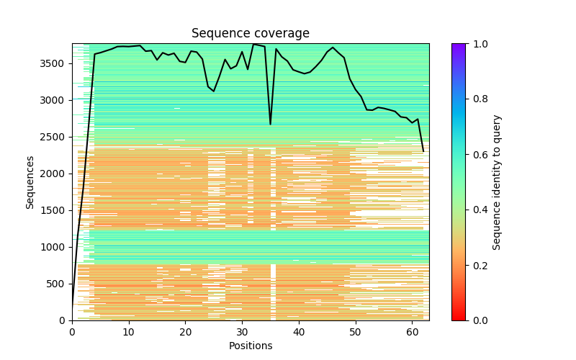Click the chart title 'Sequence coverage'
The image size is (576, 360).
[x=250, y=33]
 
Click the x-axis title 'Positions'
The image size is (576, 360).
[x=250, y=346]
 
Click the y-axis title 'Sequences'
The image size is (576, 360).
[x=30, y=181]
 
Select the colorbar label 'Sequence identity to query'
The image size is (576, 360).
[x=497, y=182]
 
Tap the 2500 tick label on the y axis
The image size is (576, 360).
[x=54, y=137]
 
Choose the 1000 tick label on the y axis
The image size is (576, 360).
[x=54, y=247]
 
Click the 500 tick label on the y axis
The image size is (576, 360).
[x=57, y=284]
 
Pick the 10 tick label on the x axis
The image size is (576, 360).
[x=128, y=331]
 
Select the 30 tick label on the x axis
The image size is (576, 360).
[x=242, y=331]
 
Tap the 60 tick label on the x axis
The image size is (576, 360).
[x=412, y=331]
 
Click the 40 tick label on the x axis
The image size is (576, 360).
[x=299, y=331]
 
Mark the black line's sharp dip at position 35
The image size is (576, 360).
[x=271, y=125]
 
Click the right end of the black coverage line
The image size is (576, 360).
[x=423, y=151]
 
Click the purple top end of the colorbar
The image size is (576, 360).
[x=459, y=45]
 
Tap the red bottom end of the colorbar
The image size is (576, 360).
[x=459, y=318]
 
